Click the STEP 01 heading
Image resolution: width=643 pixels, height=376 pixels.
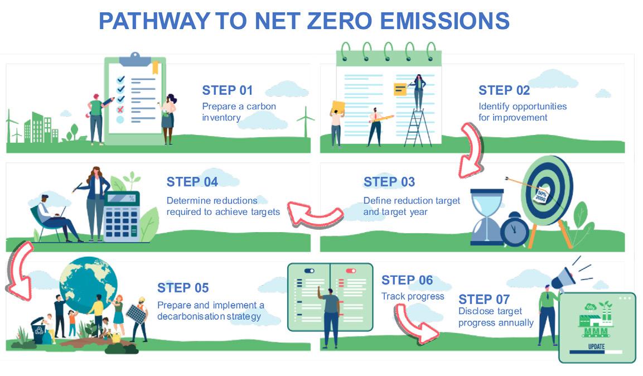[227, 90]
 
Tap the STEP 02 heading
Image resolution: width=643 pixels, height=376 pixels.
[504, 90]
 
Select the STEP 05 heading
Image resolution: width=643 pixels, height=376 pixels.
[183, 288]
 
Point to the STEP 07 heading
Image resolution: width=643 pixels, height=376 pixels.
[484, 299]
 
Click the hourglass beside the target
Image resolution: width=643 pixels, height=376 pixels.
[487, 217]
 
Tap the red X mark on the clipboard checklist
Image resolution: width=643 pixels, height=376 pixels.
[120, 109]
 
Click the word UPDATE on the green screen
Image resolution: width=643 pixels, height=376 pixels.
[596, 346]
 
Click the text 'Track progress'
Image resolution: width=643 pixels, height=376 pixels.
[413, 296]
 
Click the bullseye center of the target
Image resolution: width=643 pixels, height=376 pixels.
[540, 190]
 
